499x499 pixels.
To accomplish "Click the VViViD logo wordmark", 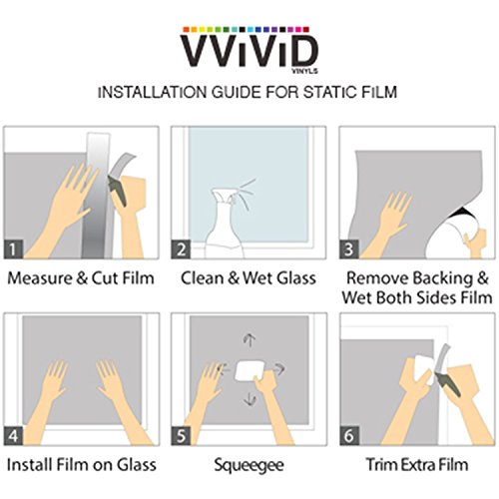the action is coord(249,51).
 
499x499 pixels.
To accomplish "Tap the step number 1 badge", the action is coord(13,249).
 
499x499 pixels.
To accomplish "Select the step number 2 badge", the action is coord(181,249).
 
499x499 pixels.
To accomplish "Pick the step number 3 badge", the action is coord(349,249).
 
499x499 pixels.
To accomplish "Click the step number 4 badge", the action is coord(13,436).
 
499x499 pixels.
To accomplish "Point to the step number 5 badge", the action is coord(181,436).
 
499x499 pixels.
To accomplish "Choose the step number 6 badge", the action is coord(349,436).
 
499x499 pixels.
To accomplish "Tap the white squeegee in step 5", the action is coord(250,371).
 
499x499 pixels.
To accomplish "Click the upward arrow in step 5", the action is coord(249,340).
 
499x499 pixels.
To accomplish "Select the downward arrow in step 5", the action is coord(249,398).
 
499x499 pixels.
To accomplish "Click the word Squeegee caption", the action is coord(249,465).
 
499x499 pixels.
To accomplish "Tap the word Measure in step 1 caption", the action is coord(40,278).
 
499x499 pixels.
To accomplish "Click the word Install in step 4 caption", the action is coord(29,465).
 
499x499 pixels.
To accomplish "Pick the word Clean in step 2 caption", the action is coord(202,278).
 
